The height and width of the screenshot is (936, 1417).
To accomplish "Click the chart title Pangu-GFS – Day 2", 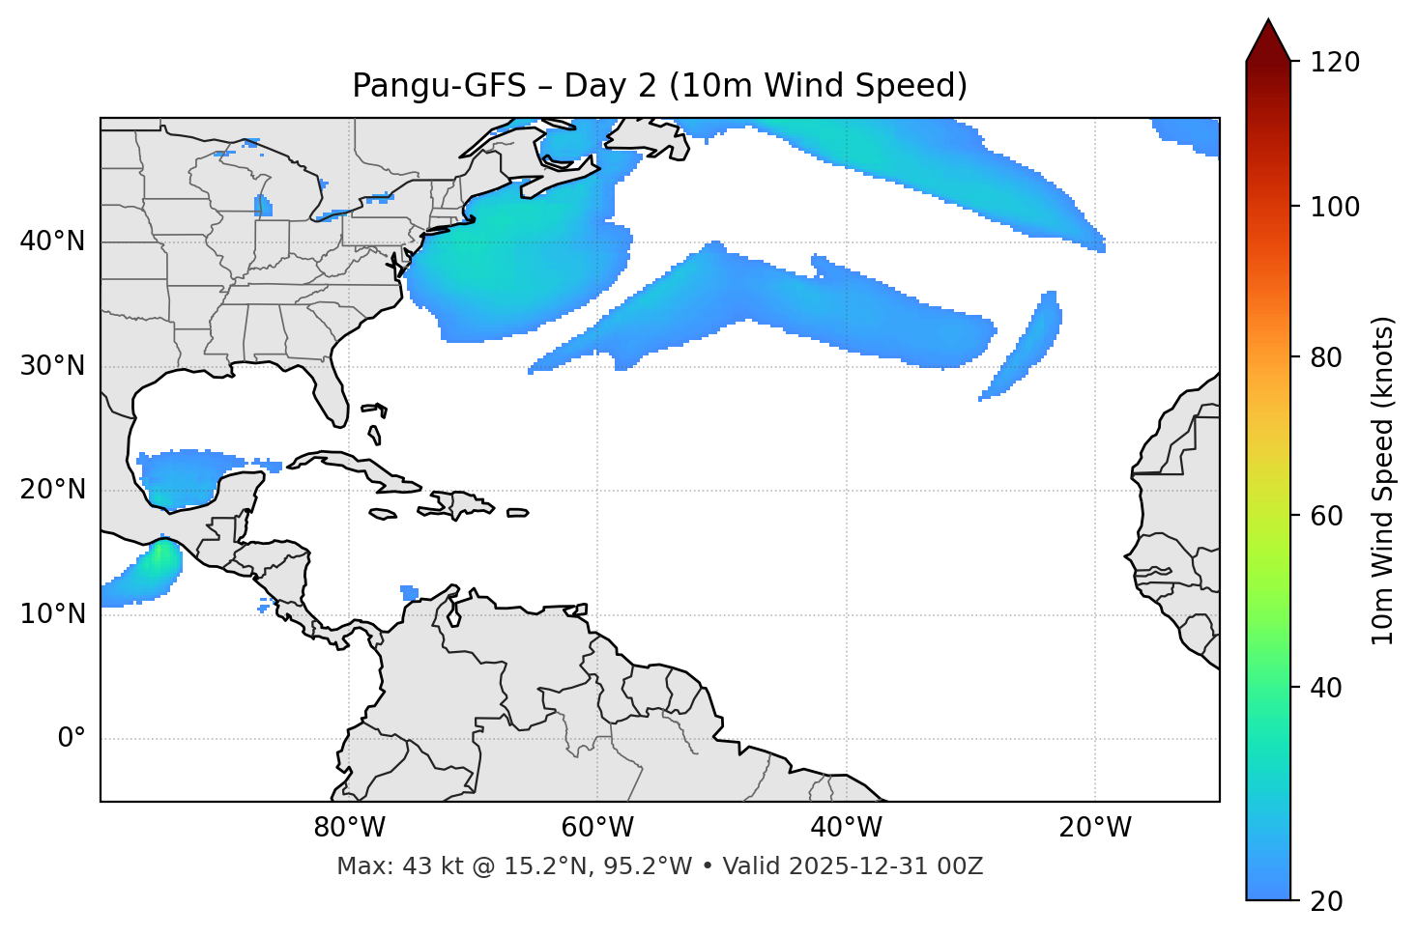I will tap(659, 86).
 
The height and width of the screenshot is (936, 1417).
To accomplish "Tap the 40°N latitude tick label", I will tap(52, 241).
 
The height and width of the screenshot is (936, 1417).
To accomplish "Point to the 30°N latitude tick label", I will tap(52, 366).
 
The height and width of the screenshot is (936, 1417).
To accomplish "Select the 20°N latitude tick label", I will tap(52, 490).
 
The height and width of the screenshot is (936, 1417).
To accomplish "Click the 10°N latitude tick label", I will tap(52, 614).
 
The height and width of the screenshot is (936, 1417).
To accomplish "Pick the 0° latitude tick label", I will tap(71, 739).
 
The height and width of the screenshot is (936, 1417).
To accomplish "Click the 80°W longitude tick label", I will tap(349, 828).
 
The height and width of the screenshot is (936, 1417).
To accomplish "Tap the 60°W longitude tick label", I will tap(597, 828).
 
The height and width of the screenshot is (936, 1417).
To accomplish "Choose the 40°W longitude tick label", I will tap(846, 828).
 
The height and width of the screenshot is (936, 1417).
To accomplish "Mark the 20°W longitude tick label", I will tap(1095, 828).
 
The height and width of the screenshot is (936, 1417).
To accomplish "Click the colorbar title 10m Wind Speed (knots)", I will tap(1384, 480).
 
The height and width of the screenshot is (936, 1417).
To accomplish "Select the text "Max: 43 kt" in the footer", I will tap(385, 866).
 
